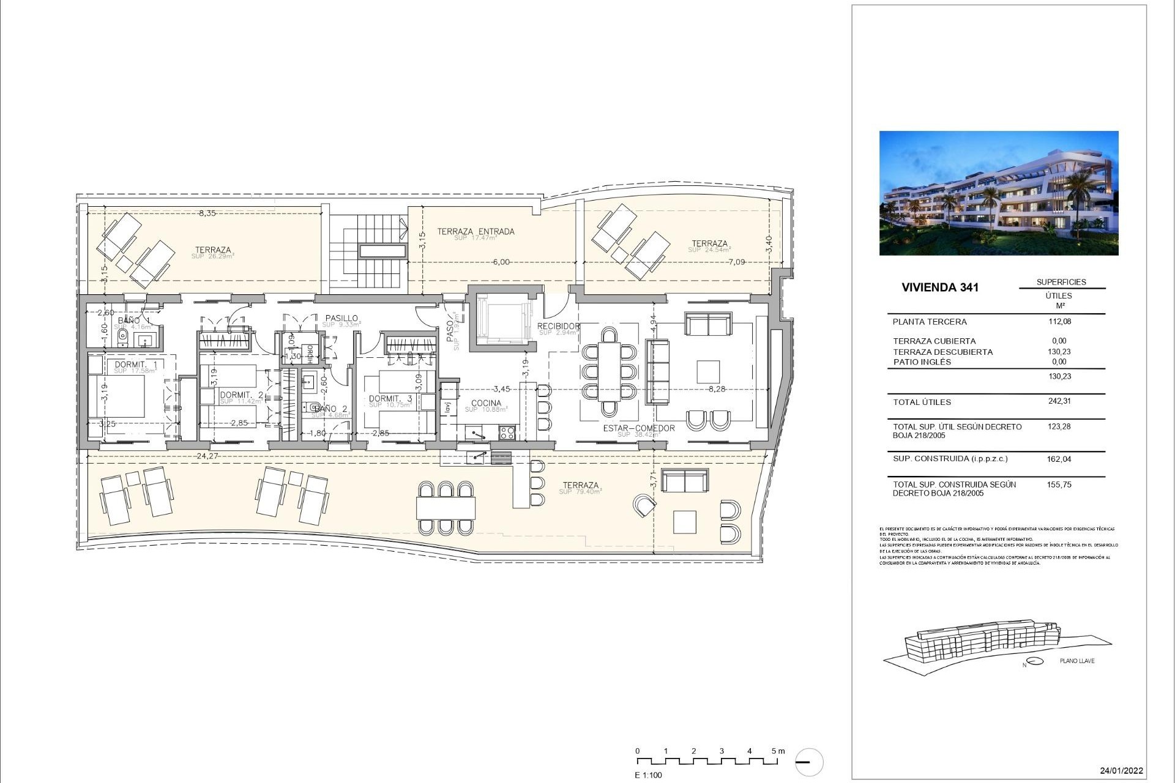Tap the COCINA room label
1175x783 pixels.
[x=486, y=403]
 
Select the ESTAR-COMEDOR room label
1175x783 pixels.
[x=638, y=428]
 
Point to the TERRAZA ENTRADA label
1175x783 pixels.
[x=476, y=231]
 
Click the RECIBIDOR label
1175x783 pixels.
[x=558, y=327]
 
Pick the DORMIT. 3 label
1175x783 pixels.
[x=390, y=399]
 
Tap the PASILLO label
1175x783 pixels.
[x=341, y=318]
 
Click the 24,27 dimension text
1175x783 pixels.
[x=207, y=456]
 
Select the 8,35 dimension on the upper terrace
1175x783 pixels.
[x=207, y=213]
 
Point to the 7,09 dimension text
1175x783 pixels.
[x=736, y=262]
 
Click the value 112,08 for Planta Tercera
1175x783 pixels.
[x=1059, y=321]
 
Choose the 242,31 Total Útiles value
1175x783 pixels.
[x=1059, y=401]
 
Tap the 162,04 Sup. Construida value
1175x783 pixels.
[x=1059, y=459]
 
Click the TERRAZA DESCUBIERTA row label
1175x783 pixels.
[x=942, y=352]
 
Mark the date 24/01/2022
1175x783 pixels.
[x=1121, y=771]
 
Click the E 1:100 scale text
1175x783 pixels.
[x=648, y=775]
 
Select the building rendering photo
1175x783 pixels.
[x=999, y=193]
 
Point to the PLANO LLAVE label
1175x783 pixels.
[x=1077, y=661]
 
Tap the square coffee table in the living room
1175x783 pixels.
[x=707, y=372]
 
